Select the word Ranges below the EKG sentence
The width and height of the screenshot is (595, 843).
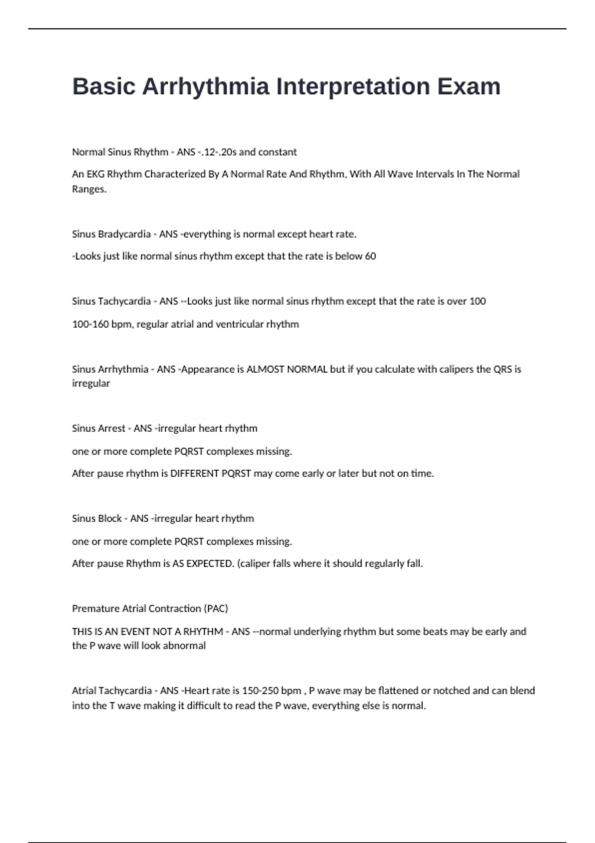pyautogui.click(x=89, y=189)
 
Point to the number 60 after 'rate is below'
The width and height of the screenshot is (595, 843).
pyautogui.click(x=370, y=256)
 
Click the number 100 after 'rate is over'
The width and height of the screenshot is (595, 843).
pyautogui.click(x=477, y=301)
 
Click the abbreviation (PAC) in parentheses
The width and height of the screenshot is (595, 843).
pyautogui.click(x=216, y=609)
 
